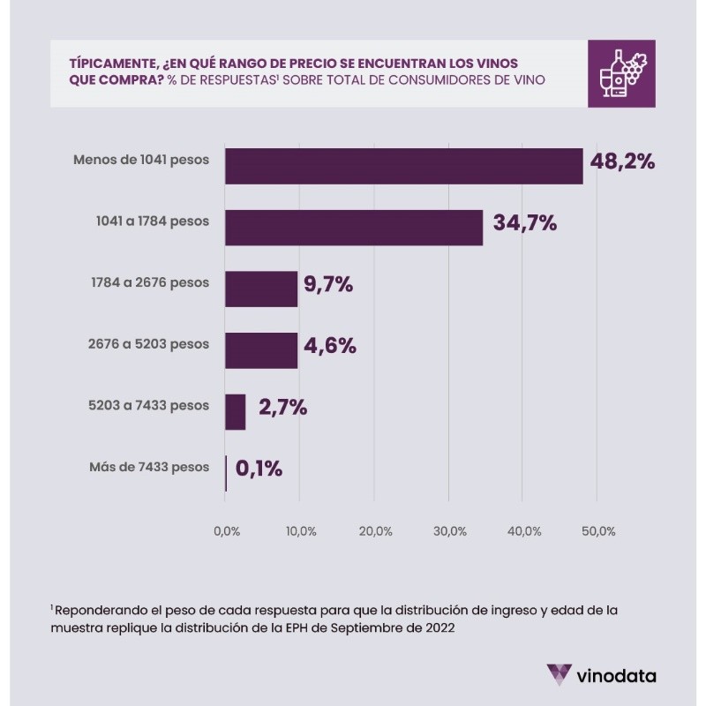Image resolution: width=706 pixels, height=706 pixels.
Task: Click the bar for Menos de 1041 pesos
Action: point(403,166)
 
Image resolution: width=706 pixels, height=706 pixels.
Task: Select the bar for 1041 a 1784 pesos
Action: point(353,227)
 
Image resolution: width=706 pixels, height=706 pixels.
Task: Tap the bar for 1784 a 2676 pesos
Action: point(261,289)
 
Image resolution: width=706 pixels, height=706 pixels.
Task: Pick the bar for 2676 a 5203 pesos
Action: point(261,350)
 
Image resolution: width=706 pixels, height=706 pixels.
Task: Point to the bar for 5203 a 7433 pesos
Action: point(235,411)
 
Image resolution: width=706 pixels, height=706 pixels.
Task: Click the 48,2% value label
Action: point(622,161)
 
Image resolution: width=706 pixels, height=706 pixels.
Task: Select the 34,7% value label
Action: point(524,223)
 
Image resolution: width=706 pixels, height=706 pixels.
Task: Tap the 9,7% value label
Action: point(328,284)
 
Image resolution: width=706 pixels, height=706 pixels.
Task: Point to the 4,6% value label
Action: point(329,346)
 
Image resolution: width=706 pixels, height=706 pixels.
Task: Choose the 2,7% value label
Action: point(282,408)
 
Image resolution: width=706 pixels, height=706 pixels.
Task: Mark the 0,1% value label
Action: point(258,469)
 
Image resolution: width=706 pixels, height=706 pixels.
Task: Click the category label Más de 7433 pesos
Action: point(149,467)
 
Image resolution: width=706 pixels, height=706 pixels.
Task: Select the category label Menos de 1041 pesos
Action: point(142,160)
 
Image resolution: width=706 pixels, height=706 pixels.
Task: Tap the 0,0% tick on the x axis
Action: point(227,531)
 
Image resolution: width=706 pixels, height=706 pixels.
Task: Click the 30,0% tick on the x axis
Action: point(450,531)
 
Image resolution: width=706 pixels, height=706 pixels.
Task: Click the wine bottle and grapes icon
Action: point(621,73)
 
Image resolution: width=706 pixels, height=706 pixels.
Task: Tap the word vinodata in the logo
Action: point(615,677)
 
